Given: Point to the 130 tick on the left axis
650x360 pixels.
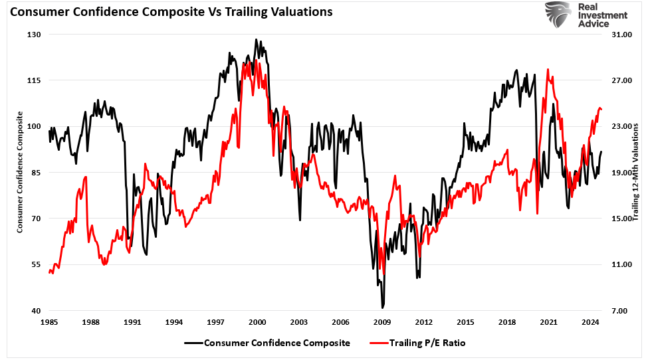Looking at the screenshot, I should click(x=33, y=35).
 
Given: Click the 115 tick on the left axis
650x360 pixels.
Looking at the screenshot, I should click(x=33, y=80).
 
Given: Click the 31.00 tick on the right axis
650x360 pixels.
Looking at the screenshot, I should click(x=619, y=35).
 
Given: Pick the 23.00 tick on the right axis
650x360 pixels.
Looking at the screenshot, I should click(x=619, y=126).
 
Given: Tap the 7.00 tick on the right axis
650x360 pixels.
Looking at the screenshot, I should click(x=619, y=311).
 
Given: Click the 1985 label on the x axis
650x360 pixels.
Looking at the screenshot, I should click(x=49, y=322).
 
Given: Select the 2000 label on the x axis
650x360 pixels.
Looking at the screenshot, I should click(x=257, y=322).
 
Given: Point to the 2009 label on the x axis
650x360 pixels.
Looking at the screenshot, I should click(x=382, y=322).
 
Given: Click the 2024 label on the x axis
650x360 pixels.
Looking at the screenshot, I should click(x=590, y=322).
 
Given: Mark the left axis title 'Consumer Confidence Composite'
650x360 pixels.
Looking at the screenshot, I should click(x=20, y=171).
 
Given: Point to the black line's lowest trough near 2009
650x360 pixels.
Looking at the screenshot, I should click(x=383, y=308).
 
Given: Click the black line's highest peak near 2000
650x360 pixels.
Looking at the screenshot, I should click(x=256, y=39).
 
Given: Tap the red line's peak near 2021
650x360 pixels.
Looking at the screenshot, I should click(x=548, y=69).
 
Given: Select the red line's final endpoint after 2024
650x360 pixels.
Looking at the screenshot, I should click(x=601, y=109).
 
